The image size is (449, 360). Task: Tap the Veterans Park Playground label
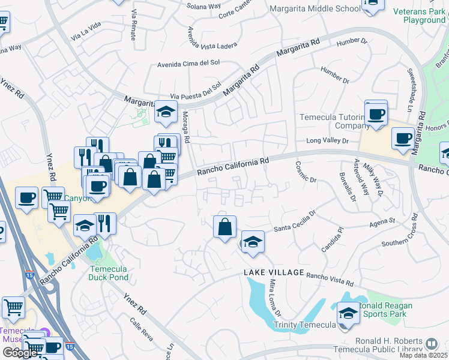coord(419,16)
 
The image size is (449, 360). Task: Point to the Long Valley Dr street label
coord(327,140)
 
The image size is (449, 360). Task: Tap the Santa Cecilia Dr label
coord(295,223)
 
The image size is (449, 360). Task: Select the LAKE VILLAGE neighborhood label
coord(274,273)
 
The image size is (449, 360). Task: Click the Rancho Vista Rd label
coord(330,280)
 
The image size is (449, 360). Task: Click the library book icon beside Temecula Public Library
coord(432,344)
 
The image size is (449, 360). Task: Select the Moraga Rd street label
coord(186,127)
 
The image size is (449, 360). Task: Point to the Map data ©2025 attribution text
coord(423,355)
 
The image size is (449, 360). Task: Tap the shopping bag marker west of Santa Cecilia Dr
coord(224,227)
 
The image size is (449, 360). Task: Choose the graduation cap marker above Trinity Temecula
coord(348,313)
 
